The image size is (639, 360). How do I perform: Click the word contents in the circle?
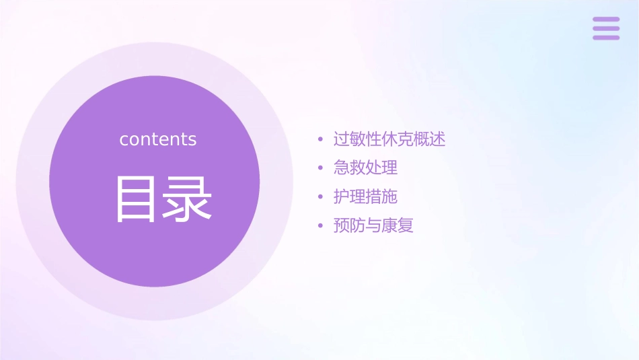point(158,139)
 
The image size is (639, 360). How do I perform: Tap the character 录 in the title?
point(187,199)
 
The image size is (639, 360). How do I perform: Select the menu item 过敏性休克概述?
point(389,139)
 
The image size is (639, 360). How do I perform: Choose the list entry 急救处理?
point(365,168)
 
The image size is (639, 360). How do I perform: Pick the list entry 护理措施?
point(365,196)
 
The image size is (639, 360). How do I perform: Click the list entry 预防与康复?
point(373,225)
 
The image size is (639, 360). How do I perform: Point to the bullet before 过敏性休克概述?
point(321,140)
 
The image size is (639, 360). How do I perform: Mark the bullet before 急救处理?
point(321,168)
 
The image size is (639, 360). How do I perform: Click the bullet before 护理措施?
point(321,197)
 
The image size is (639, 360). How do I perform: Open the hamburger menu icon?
point(606,28)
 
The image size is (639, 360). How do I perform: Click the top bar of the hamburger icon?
point(606,20)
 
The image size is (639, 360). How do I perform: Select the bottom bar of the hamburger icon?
point(606,37)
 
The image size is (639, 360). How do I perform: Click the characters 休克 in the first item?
point(398,139)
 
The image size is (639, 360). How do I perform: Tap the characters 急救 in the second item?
point(350,168)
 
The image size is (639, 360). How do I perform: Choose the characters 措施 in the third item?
point(381,196)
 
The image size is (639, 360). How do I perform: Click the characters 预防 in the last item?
point(350,225)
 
